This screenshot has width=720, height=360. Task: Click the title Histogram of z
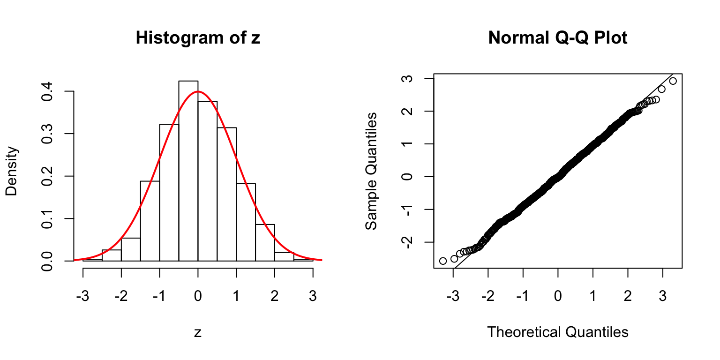[x=198, y=38]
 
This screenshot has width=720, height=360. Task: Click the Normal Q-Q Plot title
[x=557, y=38]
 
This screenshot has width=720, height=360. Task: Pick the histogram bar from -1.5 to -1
[x=150, y=221]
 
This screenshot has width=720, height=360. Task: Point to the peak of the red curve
[x=198, y=91]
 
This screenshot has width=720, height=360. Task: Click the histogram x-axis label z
[x=198, y=333]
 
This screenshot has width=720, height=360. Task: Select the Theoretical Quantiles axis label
[x=557, y=333]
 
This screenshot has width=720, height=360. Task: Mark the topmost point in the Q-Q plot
[x=673, y=81]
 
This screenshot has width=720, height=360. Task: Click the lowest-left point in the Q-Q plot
[x=443, y=261]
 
